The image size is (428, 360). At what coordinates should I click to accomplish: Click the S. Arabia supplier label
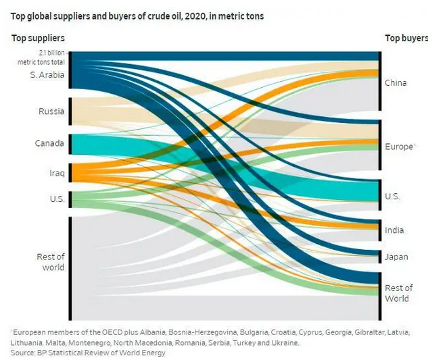(x=47, y=75)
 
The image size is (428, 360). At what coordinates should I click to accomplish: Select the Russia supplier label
(x=51, y=111)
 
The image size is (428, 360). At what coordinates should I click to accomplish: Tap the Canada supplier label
(x=50, y=143)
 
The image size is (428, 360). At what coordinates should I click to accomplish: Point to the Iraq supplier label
(x=57, y=174)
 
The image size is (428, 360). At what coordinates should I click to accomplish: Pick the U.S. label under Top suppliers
(x=56, y=199)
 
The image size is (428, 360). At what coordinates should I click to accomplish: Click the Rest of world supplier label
(x=50, y=262)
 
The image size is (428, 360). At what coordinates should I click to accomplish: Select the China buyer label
(x=396, y=83)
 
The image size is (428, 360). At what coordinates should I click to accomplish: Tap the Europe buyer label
(x=399, y=147)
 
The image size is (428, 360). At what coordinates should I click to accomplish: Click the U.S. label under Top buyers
(x=392, y=197)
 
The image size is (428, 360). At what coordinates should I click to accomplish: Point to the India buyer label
(x=394, y=230)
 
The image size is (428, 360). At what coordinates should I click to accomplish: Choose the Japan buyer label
(x=396, y=257)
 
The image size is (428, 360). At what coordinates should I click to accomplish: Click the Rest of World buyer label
(x=398, y=293)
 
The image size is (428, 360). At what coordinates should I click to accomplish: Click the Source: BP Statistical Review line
(x=88, y=353)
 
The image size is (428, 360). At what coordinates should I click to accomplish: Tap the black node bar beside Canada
(x=70, y=144)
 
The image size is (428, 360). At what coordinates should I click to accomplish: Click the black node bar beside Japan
(x=380, y=257)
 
